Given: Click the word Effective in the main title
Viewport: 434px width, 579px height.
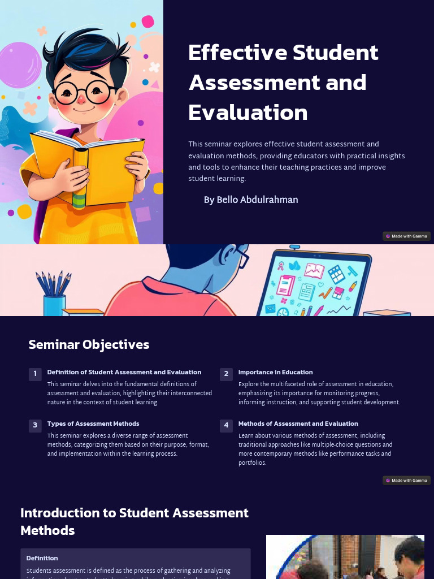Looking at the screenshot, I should point(238,53).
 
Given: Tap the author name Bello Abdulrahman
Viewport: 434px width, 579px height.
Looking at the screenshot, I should point(251,200).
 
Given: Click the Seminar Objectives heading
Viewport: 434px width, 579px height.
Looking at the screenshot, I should point(89,344).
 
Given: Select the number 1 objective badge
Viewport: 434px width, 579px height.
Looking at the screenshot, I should point(35,374).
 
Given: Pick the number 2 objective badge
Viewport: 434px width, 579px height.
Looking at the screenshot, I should point(226,374).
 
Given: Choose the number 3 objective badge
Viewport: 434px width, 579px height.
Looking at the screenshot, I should point(35,425).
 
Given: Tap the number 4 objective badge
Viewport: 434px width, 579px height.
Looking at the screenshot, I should point(226,425).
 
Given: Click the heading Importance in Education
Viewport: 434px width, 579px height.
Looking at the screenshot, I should point(275,372).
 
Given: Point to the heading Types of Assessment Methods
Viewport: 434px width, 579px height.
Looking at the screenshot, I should point(93,424).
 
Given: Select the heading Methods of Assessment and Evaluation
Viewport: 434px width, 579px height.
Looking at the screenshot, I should point(298,424).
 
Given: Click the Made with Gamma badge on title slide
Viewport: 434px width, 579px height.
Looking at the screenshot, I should point(406,236).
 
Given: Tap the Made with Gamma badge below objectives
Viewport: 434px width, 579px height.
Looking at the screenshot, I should point(406,480).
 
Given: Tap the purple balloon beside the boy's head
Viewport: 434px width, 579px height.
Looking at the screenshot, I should point(19,65).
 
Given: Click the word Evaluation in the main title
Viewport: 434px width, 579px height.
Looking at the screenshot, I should point(248,113).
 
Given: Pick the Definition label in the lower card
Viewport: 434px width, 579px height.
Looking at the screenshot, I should point(42,558).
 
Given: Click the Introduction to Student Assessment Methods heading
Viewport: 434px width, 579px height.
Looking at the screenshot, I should point(134,521).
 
